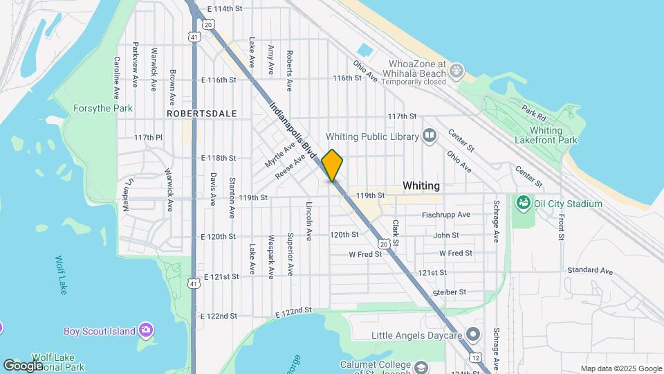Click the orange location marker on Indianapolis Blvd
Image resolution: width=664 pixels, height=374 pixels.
333,165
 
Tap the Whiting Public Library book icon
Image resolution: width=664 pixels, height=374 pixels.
430,135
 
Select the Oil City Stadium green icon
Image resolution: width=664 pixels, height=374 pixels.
523,204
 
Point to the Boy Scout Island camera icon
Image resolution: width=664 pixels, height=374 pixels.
145,330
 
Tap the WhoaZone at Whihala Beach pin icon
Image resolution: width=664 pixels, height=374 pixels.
456,71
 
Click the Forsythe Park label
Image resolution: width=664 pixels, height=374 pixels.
103,109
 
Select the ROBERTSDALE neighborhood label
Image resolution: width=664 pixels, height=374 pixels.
202,114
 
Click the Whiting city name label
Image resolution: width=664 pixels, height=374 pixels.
421,186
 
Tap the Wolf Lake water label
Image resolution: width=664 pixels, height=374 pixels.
62,275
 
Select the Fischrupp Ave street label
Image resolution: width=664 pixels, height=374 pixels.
446,215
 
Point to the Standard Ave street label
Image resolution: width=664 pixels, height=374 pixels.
590,271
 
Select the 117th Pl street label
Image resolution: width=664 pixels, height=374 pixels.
147,138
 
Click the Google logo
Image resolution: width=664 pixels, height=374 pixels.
23,365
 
